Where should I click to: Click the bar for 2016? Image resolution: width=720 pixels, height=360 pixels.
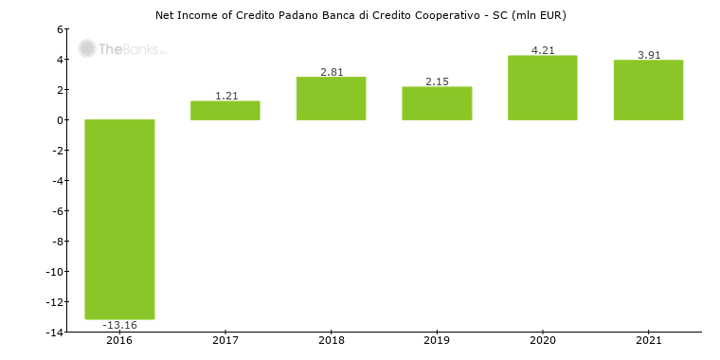(119, 219)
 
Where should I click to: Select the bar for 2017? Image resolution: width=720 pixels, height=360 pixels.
(225, 110)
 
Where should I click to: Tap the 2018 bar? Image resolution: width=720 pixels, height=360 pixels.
(331, 99)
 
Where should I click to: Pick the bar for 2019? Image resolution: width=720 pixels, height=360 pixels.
(437, 103)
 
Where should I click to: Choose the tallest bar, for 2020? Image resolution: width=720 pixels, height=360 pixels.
(543, 88)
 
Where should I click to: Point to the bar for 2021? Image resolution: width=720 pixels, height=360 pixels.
(648, 90)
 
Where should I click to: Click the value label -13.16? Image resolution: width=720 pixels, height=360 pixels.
(119, 325)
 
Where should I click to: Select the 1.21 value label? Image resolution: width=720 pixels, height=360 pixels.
(225, 96)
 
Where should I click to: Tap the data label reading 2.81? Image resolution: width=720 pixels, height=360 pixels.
(331, 71)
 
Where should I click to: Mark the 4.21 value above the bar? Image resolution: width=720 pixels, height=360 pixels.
(543, 50)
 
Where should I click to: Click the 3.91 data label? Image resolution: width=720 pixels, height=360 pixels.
(648, 55)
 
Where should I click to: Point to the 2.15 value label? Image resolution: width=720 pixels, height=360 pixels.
(437, 81)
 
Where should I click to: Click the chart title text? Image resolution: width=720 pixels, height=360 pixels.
(360, 15)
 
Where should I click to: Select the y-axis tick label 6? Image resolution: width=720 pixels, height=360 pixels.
(60, 29)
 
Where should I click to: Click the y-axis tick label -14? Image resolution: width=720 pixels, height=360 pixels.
(55, 333)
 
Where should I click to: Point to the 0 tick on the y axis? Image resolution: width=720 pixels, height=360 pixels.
(60, 120)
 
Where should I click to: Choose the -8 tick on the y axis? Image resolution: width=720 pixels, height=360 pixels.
(57, 242)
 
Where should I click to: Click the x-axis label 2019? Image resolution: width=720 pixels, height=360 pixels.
(437, 340)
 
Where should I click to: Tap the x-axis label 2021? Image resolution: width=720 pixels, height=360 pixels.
(648, 340)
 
